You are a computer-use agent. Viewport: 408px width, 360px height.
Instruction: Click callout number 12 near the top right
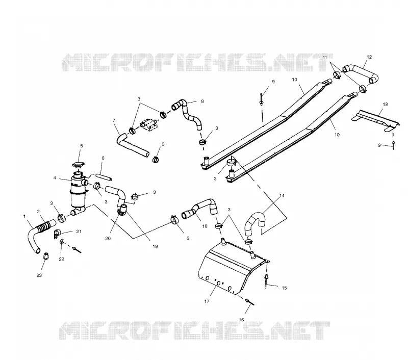coord(369,57)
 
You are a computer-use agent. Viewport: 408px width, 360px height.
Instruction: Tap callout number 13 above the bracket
coord(385,105)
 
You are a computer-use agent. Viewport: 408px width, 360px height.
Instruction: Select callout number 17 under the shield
coord(207,301)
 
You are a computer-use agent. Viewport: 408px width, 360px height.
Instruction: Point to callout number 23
coord(39,275)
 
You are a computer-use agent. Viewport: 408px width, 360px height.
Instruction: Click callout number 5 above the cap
coord(82,146)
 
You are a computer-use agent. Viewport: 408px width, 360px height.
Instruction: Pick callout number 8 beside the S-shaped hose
coord(202,101)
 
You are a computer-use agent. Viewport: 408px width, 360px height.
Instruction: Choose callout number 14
coord(282,196)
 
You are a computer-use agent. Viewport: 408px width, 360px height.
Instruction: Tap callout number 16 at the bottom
coord(241,320)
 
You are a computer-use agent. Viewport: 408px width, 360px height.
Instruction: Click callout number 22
coord(61,260)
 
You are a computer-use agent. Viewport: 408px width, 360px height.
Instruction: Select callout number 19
coord(155,246)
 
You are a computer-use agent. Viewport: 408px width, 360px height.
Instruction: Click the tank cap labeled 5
coord(79,165)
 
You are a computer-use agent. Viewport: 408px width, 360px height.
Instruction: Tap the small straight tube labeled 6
coord(104,177)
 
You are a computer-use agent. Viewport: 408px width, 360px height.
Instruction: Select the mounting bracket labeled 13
coord(375,120)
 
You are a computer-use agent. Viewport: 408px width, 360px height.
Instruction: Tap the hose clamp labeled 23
coord(46,256)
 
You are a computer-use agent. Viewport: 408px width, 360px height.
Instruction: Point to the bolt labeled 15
coord(266,281)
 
